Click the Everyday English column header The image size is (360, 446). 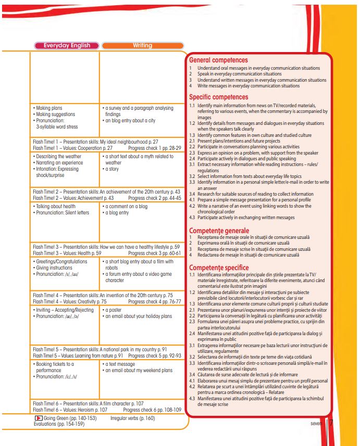click(x=67, y=45)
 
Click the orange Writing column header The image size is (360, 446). click(x=142, y=45)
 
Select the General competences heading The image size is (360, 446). click(x=218, y=60)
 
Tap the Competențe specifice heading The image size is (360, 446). click(x=220, y=267)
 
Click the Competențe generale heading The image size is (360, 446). click(x=219, y=231)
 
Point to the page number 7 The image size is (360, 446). click(x=331, y=423)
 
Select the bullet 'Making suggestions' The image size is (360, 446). click(x=54, y=114)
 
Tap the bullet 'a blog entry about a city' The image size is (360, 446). click(x=129, y=120)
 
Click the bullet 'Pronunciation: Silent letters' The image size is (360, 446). click(x=61, y=212)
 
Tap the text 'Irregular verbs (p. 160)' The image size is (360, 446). click(x=132, y=418)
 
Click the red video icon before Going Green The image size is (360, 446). click(x=38, y=418)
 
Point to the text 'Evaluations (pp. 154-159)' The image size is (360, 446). click(x=55, y=424)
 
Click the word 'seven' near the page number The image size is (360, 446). click(x=316, y=424)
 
